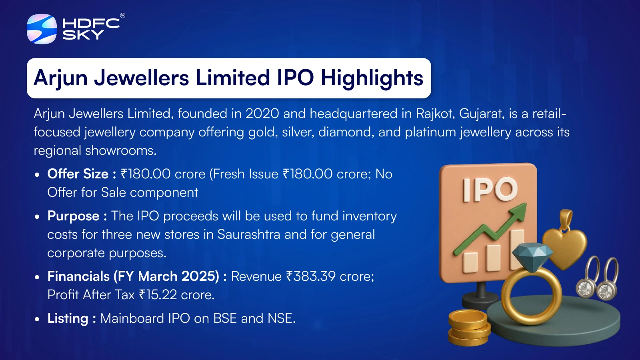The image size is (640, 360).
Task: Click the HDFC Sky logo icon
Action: (42, 29)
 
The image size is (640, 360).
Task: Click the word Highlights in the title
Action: (372, 78)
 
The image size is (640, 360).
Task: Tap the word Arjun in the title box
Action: (60, 78)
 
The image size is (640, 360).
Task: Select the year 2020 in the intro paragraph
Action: (262, 114)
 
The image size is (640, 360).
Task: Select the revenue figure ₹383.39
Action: (311, 276)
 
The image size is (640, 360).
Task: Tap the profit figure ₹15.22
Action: (158, 295)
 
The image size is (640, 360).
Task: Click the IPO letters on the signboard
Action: (490, 189)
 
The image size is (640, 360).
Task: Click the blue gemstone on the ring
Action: (532, 257)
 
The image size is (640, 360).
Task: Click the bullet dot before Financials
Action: (37, 277)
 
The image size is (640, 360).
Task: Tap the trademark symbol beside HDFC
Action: (122, 16)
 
